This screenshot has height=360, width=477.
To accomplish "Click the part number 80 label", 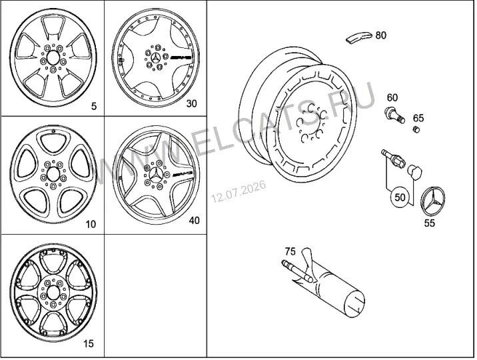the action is tap(380, 35).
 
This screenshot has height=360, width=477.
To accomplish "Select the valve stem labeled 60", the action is tap(394, 115).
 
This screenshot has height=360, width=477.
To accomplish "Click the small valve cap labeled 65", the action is tap(416, 129).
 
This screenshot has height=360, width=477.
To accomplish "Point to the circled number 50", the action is tap(400, 197).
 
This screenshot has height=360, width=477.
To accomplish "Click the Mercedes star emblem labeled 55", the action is tap(433, 201).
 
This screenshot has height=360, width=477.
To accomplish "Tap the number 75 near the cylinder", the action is tap(290, 251).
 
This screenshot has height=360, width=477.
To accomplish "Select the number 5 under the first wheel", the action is tap(94, 106).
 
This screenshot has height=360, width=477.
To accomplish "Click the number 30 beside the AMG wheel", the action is tap(192, 104).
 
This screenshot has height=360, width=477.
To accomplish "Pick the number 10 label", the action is tap(91, 225).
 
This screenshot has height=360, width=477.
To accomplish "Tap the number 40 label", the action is tap(195, 220).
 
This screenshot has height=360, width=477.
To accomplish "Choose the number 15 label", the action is tap(89, 344).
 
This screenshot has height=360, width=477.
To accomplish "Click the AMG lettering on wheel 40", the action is tap(183, 174).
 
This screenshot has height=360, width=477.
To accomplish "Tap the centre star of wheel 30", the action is tap(156, 57).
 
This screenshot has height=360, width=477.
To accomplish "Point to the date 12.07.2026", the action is tap(238, 191).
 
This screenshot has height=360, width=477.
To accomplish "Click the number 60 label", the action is tap(392, 98).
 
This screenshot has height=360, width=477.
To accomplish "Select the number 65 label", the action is tap(418, 118).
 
